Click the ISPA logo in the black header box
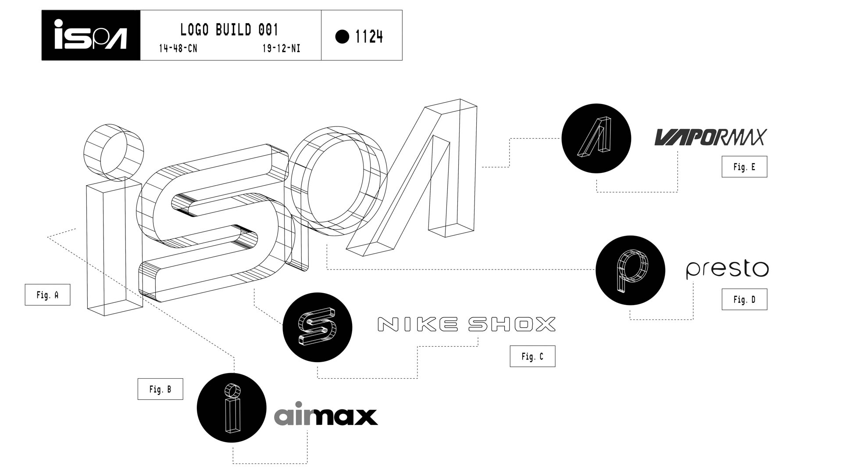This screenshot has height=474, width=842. [91, 35]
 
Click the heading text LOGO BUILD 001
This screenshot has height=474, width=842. [229, 30]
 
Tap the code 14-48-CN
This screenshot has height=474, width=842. [178, 48]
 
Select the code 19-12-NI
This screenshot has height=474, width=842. [281, 48]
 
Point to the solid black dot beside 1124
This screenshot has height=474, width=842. [342, 36]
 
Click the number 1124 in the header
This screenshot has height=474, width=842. [369, 37]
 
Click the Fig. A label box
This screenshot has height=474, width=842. [47, 295]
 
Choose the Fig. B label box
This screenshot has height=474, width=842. [160, 389]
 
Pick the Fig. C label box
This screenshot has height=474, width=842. [532, 356]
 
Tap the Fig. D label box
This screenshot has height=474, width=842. [744, 299]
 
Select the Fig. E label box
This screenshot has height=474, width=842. [744, 167]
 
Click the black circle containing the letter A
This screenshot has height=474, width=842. [596, 138]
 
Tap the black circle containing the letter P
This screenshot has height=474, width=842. [630, 270]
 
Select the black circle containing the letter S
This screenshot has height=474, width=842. [318, 327]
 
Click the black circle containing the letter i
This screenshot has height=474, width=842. [232, 408]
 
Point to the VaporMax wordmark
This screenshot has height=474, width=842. [710, 137]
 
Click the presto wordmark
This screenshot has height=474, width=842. [727, 269]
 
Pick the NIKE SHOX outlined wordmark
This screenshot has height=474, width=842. [466, 324]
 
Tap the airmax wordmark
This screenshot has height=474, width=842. [326, 415]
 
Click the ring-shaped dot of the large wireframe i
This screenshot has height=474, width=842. [113, 152]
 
